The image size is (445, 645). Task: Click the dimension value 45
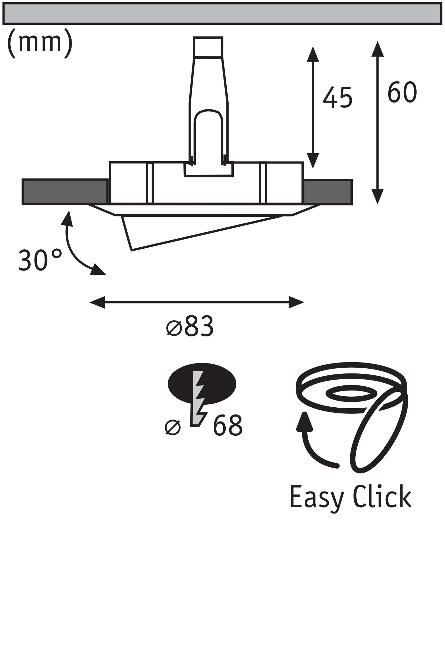(x=337, y=97)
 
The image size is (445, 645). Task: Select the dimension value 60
(x=402, y=93)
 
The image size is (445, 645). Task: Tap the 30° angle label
(x=40, y=260)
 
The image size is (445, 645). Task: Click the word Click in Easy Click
(x=382, y=497)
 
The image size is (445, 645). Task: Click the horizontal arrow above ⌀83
(x=197, y=303)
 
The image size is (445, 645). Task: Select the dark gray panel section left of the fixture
(x=64, y=192)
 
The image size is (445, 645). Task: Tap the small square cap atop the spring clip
(x=208, y=47)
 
